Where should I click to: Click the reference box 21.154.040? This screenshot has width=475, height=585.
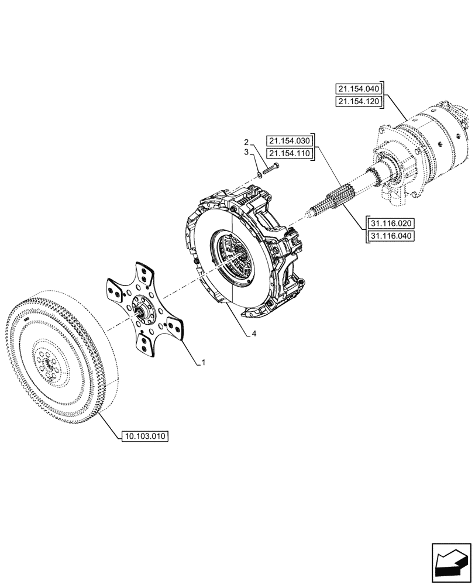point(359,89)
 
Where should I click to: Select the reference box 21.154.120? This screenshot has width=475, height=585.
point(359,102)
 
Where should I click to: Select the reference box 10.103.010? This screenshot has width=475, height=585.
point(144,436)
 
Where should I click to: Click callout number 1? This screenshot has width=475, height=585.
point(203,363)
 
